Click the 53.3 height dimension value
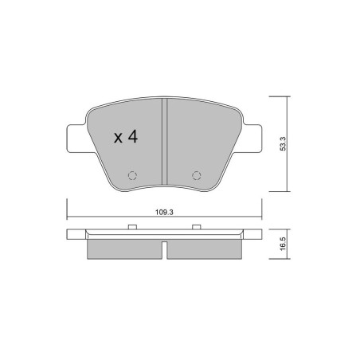point(283,143)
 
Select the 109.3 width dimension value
point(164,213)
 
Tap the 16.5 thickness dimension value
point(283,244)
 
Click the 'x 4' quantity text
point(126,137)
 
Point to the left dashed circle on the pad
point(132,175)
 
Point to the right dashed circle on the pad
point(197,175)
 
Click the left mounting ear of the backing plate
point(77,139)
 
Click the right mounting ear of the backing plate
point(252,139)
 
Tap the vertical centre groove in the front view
point(165,142)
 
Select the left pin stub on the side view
point(132,227)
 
